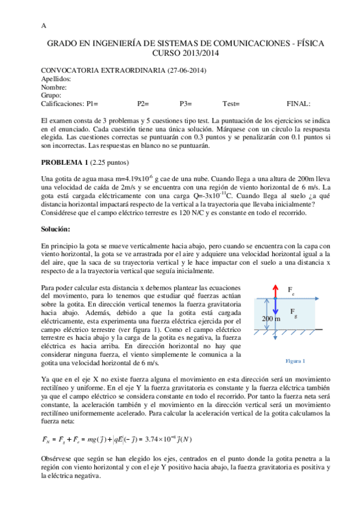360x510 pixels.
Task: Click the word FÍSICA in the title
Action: pyautogui.click(x=325, y=44)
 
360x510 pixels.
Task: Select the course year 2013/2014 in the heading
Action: pyautogui.click(x=203, y=54)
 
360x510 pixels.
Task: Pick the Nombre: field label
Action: pyautogui.click(x=53, y=87)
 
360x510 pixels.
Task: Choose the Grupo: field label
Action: pyautogui.click(x=52, y=96)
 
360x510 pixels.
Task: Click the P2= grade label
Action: pyautogui.click(x=143, y=104)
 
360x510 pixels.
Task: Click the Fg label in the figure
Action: pyautogui.click(x=293, y=312)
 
